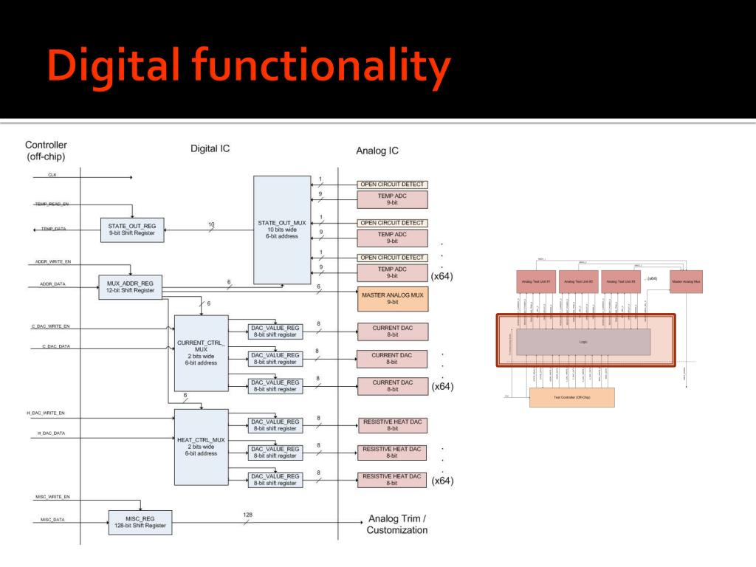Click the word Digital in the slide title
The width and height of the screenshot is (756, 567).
click(x=112, y=66)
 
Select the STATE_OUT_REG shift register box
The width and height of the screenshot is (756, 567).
click(x=131, y=229)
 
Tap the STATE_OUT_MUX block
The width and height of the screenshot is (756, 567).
click(x=282, y=230)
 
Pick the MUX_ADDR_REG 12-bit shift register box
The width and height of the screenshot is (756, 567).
click(x=130, y=286)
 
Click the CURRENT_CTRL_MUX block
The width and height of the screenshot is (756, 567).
click(x=201, y=353)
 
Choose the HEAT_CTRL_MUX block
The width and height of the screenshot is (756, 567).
click(x=201, y=447)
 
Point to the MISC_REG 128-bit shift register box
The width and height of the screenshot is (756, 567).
click(x=140, y=522)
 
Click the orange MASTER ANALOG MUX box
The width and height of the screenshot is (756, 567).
click(x=392, y=298)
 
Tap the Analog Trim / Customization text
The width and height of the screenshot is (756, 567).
click(x=396, y=524)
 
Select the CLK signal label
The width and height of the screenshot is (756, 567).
click(x=52, y=175)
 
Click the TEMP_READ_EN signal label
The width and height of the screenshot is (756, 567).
click(x=51, y=204)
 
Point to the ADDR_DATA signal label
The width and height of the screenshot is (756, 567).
click(x=52, y=283)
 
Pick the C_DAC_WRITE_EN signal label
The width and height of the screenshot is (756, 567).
click(x=50, y=326)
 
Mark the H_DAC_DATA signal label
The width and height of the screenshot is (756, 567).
click(x=51, y=433)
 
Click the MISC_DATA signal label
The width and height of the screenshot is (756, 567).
click(x=52, y=520)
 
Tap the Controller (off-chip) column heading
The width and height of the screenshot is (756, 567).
click(x=45, y=151)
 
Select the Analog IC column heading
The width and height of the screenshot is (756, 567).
click(x=377, y=151)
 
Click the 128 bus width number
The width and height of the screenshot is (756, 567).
click(x=247, y=515)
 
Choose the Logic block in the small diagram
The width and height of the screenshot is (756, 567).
click(x=583, y=342)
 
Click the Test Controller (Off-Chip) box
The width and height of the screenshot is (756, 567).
click(x=571, y=397)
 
